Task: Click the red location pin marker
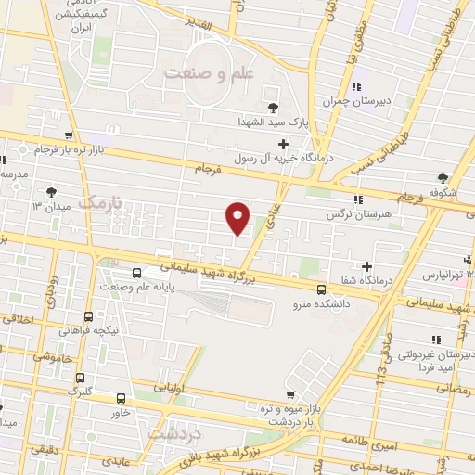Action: [238, 217]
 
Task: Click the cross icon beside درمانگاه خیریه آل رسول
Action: [283, 144]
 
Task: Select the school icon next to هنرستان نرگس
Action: [357, 199]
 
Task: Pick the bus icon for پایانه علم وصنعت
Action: [137, 273]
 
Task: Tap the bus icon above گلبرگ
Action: [82, 378]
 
